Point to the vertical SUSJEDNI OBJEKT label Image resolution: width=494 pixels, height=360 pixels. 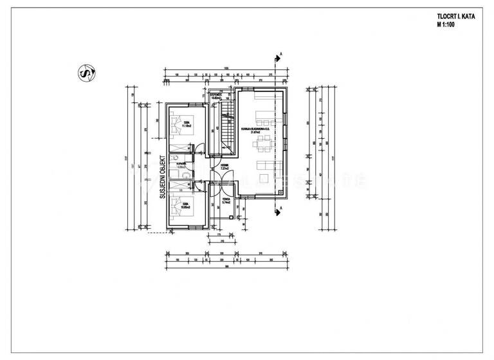[x=163, y=176]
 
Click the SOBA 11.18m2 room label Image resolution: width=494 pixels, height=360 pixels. [x=186, y=124]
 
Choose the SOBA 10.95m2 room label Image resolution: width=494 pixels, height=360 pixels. [x=185, y=207]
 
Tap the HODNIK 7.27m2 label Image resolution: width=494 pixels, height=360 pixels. [x=224, y=167]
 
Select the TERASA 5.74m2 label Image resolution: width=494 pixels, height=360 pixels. [x=227, y=201]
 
